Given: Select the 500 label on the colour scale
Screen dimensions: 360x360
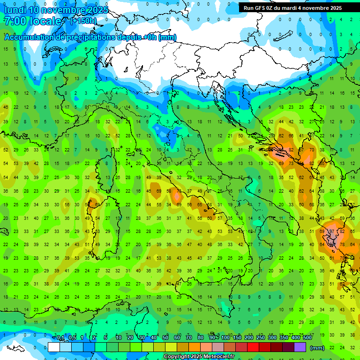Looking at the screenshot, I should click(307, 338).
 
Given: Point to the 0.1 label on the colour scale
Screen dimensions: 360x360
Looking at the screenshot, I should click(60, 338).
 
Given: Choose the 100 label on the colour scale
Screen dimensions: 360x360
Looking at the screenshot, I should click(225, 338).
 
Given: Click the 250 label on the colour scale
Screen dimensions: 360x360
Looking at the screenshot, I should click(261, 338).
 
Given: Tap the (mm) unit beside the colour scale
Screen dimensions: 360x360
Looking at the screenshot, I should click(317, 347).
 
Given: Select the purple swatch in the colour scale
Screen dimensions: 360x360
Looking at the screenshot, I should click(300, 347).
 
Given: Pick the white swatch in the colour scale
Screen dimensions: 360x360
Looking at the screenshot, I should click(54, 347).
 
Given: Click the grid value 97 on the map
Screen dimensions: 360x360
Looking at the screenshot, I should click(331, 231).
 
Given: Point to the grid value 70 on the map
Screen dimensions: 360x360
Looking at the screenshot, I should click(312, 150).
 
